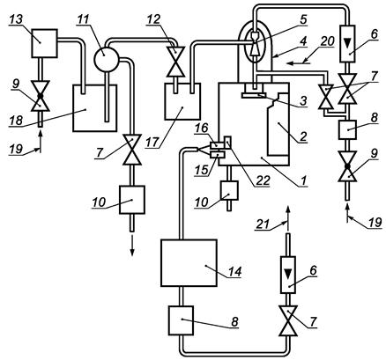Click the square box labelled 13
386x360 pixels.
(44, 43)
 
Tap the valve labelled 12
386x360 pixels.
(175, 62)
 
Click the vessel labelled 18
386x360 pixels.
(94, 108)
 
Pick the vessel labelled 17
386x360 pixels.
(182, 101)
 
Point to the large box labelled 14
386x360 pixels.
(189, 262)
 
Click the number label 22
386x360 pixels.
(262, 180)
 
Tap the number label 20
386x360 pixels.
(327, 41)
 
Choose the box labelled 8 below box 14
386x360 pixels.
(181, 320)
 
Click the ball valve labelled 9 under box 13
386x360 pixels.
(41, 96)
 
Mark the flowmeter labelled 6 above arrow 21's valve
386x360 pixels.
(288, 275)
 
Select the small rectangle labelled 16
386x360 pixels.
(216, 144)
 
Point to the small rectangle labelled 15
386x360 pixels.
(216, 154)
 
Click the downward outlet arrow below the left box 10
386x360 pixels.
(132, 245)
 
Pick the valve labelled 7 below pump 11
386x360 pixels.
(132, 150)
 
